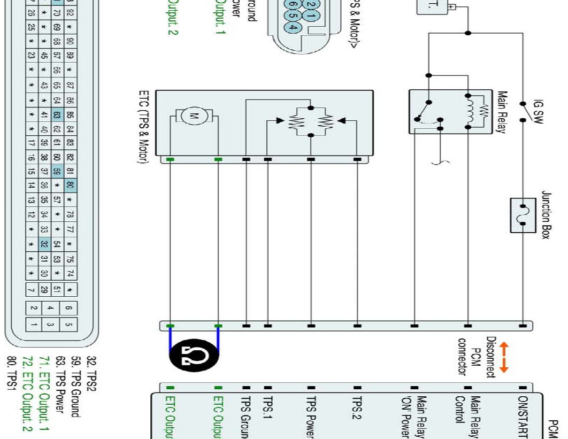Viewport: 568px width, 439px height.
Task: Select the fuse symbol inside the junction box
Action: tap(523, 215)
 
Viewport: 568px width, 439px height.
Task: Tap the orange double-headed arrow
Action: tap(503, 357)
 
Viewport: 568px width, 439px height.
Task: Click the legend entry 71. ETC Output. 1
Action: tap(45, 393)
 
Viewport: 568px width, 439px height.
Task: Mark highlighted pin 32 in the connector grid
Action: tap(45, 245)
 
